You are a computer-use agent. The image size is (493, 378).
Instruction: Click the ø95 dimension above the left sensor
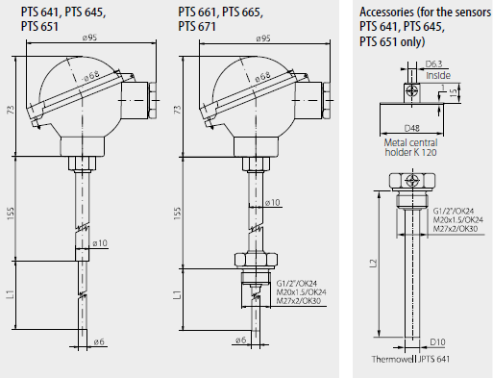pos(89,38)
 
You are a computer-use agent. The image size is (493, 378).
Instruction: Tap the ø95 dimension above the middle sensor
pos(263,38)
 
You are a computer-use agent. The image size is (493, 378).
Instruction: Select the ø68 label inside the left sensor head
pos(90,76)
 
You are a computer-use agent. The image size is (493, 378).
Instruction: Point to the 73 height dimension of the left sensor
pos(11,110)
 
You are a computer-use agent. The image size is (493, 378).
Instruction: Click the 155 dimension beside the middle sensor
pos(178,214)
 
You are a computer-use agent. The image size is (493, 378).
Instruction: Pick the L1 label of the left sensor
pos(11,294)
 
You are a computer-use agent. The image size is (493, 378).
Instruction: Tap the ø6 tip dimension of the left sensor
pos(99,341)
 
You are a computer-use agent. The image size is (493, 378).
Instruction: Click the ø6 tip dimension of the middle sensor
pos(240,340)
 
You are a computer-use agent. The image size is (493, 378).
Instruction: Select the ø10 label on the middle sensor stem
pos(273,203)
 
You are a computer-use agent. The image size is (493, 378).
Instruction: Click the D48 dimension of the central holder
pos(411,128)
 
